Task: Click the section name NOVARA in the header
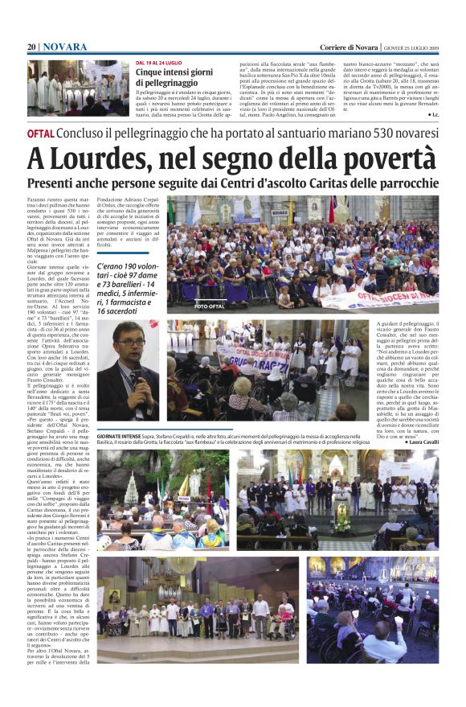click(x=65, y=47)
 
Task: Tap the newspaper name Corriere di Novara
click(x=349, y=47)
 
